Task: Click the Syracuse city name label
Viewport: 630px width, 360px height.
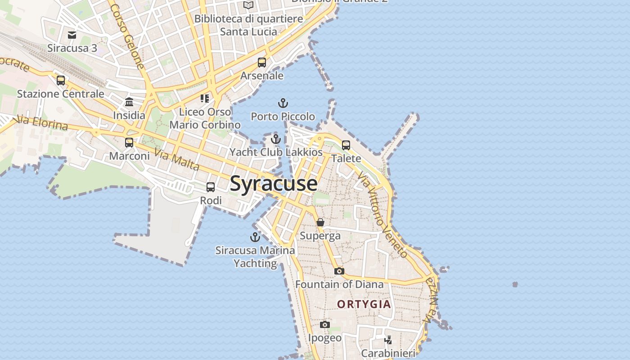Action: [274, 184]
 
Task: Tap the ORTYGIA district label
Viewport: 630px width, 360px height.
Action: [364, 304]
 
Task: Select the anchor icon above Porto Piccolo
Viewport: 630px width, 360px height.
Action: [283, 103]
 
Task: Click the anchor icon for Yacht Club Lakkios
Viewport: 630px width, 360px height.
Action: [276, 139]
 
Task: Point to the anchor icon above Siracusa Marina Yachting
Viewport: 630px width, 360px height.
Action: [255, 237]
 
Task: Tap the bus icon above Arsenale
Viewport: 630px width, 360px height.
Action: [262, 63]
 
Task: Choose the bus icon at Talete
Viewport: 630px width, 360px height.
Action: [346, 145]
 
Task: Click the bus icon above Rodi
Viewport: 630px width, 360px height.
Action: [211, 187]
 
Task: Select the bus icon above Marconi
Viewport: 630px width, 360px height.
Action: [129, 143]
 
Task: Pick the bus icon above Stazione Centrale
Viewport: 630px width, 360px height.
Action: [61, 81]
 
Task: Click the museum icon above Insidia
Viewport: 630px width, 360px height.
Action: [129, 102]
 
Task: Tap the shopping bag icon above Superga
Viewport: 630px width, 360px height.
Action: [320, 222]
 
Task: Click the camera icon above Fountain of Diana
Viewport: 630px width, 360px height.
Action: [339, 271]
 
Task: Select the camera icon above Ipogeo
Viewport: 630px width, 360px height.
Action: [325, 324]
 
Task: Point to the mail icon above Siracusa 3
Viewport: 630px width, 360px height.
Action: [72, 35]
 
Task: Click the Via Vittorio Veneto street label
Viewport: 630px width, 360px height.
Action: [382, 214]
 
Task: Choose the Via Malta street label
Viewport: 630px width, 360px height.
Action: [177, 160]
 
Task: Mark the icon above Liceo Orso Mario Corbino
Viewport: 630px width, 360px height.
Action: [205, 98]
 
